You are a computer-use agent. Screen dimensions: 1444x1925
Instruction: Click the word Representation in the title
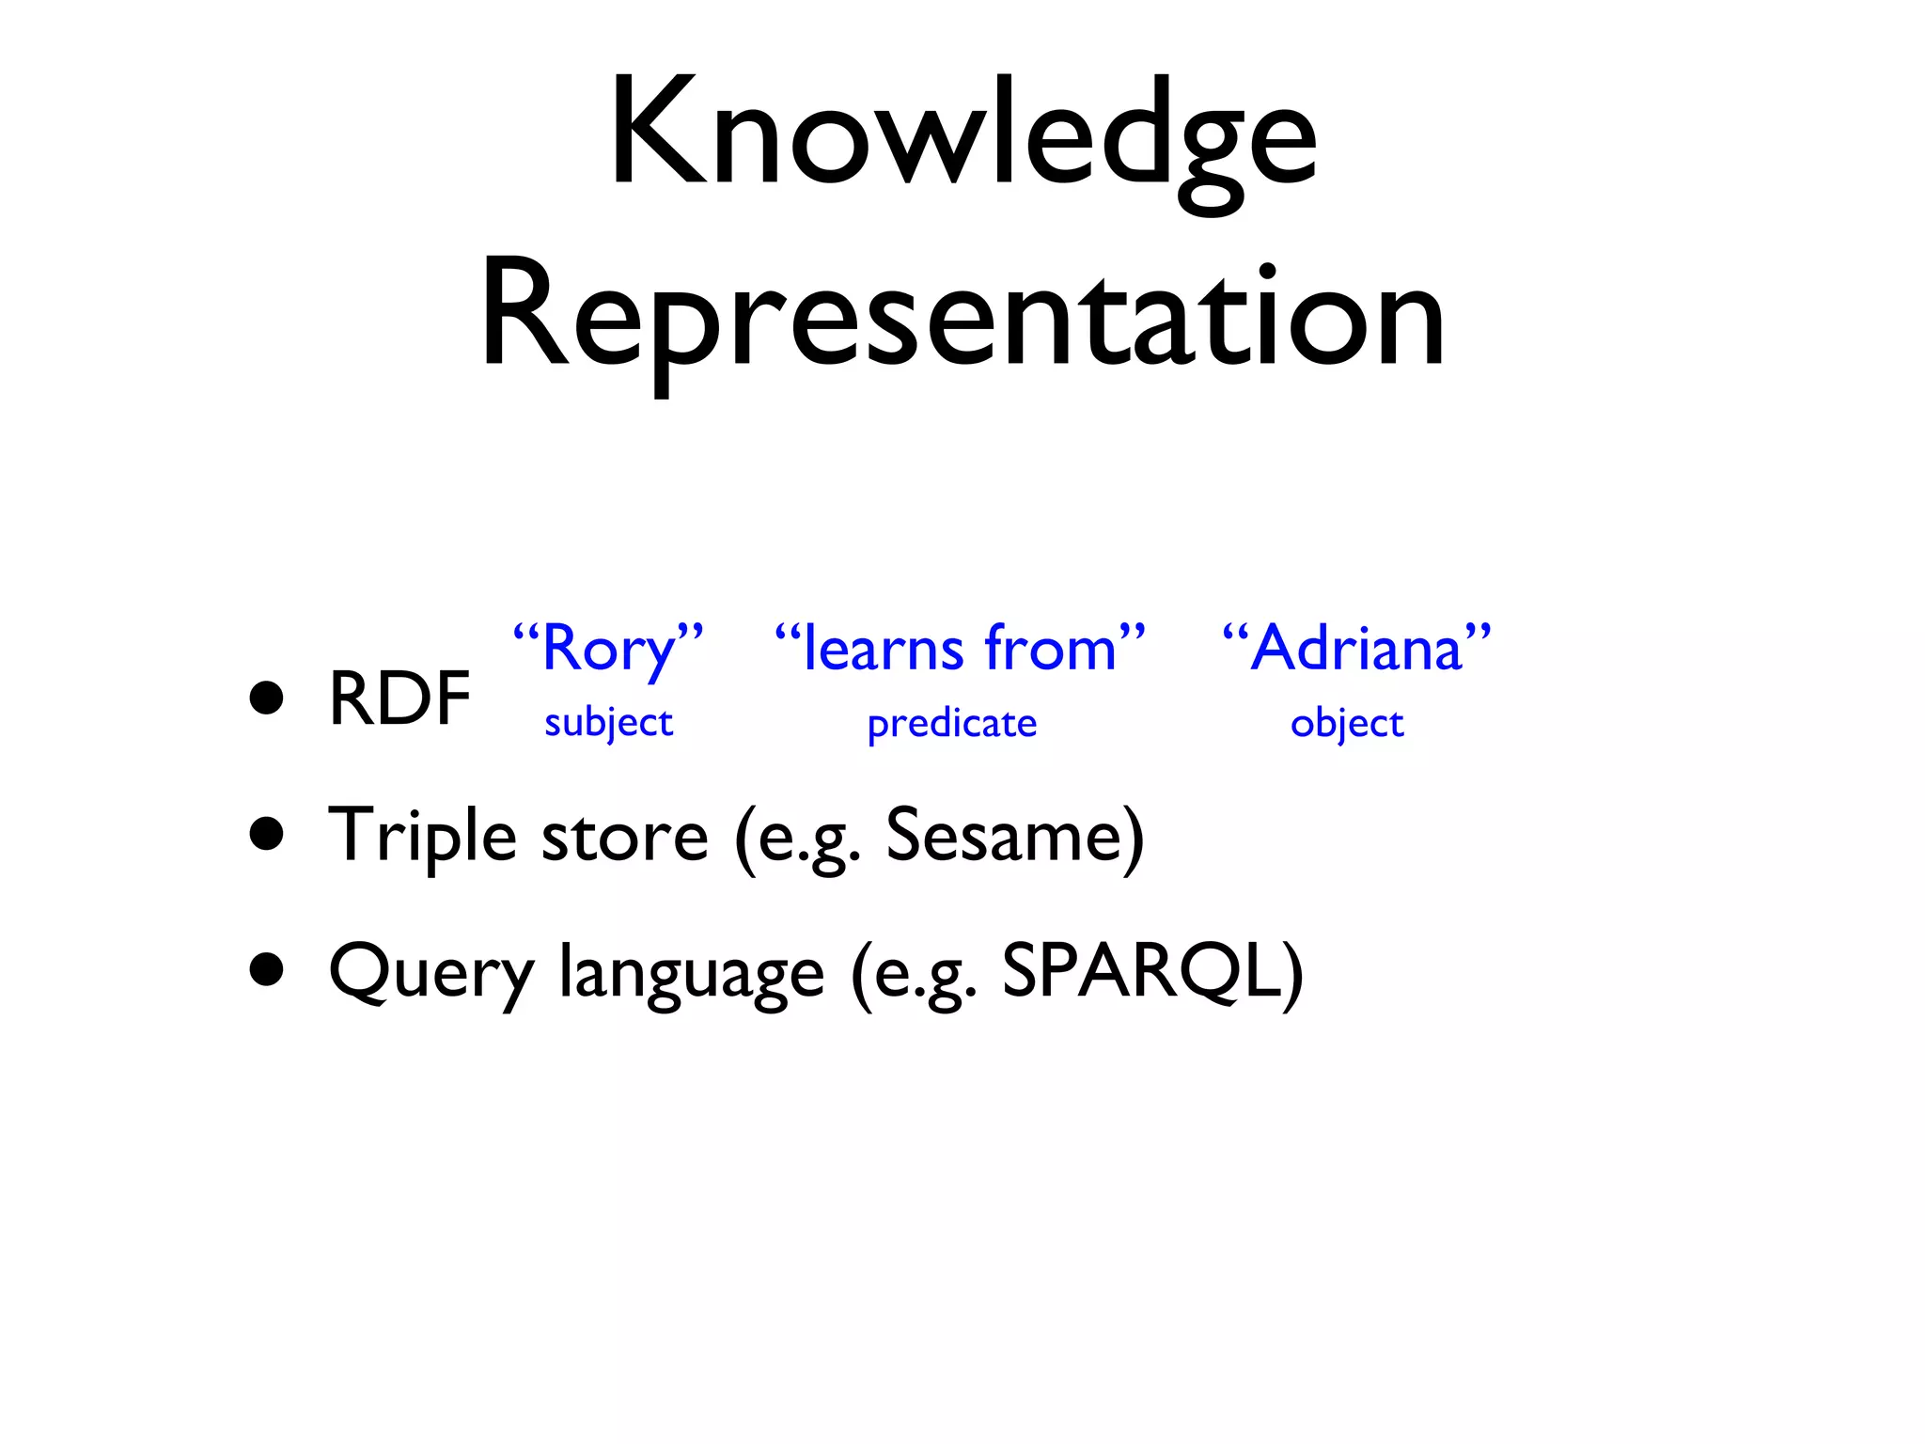click(962, 320)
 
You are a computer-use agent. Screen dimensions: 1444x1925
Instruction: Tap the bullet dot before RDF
click(267, 698)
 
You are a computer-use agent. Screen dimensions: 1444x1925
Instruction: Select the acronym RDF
click(399, 698)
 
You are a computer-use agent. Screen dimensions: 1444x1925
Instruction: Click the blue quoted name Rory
click(609, 649)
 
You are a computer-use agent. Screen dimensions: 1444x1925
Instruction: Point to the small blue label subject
click(608, 723)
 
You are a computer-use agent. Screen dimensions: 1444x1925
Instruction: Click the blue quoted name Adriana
click(1356, 649)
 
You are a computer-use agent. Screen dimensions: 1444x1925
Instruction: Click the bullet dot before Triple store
click(267, 834)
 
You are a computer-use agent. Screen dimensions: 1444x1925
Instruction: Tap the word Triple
click(422, 836)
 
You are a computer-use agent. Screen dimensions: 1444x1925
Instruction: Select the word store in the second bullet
click(624, 836)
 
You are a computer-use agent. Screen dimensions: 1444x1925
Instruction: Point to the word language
click(692, 973)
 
